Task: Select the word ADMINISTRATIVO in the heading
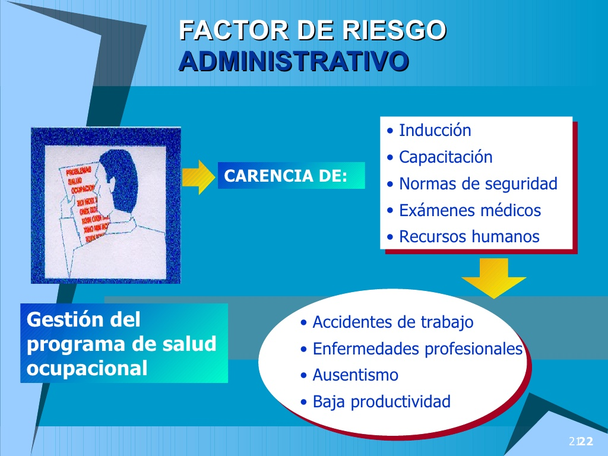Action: [293, 61]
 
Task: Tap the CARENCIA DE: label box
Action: [291, 176]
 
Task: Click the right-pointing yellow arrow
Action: [198, 177]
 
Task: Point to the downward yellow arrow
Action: [493, 278]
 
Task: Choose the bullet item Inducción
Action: [435, 131]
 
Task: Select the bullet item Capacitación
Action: [445, 157]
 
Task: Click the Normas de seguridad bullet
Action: [477, 184]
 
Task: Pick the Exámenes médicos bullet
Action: [470, 210]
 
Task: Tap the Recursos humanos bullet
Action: [468, 237]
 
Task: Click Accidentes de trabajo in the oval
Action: [392, 322]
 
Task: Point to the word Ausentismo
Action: [355, 375]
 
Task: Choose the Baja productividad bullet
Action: [381, 402]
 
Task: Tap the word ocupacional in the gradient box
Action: [87, 368]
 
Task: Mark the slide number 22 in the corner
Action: [586, 441]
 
